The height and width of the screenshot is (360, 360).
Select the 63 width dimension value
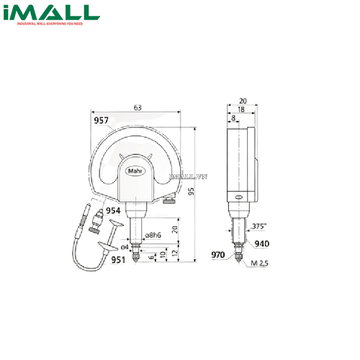[x=137, y=107]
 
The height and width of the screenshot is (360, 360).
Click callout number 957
[x=102, y=121]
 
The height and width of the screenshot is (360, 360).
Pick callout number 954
[x=114, y=210]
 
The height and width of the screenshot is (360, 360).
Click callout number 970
[x=218, y=254]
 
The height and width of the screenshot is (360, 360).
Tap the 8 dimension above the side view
[x=233, y=117]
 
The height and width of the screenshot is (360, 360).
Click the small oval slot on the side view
[x=238, y=197]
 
